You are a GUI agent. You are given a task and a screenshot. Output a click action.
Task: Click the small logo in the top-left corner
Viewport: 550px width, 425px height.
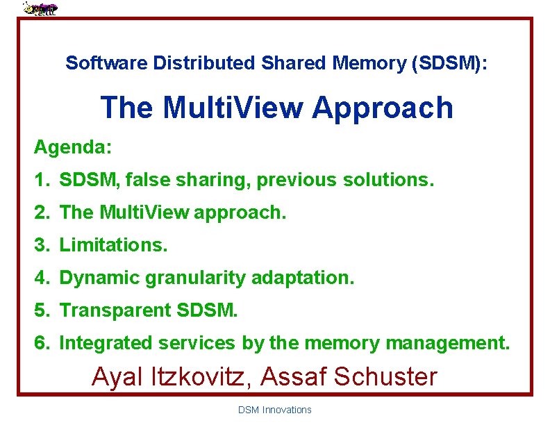coord(40,8)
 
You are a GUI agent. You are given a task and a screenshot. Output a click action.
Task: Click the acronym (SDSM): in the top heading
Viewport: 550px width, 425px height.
coord(449,63)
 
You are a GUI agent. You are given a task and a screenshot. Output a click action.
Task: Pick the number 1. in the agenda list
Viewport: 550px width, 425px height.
coord(43,181)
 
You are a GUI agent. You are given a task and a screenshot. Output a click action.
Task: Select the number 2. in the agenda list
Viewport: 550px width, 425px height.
coord(43,213)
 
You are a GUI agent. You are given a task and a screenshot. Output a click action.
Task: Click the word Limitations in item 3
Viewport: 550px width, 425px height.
coord(111,245)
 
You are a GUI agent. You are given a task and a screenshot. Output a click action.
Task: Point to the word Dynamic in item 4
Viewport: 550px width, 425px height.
coord(100,278)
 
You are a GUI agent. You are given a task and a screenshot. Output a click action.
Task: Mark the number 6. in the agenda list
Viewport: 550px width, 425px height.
coord(43,343)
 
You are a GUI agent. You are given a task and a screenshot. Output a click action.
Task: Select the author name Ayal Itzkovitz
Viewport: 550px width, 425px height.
coord(173,377)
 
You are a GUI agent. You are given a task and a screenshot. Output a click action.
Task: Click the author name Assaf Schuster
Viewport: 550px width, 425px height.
coord(351,377)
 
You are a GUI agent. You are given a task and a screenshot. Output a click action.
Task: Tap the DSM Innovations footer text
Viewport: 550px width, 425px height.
coord(275,410)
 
